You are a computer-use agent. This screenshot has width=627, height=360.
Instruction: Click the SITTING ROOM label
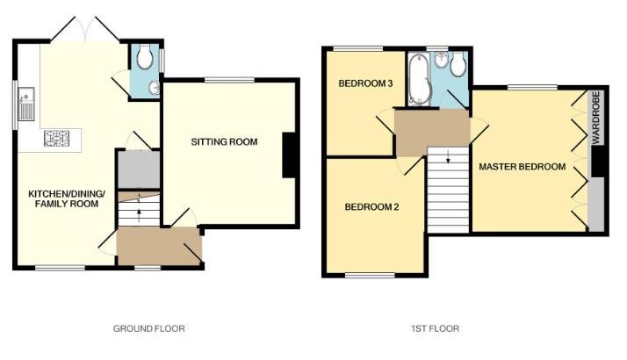224,142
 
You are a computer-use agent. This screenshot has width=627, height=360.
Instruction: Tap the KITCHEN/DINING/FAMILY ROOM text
67,198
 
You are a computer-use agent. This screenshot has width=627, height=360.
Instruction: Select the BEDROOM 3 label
365,83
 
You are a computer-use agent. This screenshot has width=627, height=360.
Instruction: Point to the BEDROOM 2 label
371,207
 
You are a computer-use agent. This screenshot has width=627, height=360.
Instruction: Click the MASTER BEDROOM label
522,167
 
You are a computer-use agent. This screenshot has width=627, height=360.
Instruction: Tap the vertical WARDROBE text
595,118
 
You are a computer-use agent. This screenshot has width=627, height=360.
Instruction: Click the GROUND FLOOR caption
148,328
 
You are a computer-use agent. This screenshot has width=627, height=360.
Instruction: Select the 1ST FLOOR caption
435,328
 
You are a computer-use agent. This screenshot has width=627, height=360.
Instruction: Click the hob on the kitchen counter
56,138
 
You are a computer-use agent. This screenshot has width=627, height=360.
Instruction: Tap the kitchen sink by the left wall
26,104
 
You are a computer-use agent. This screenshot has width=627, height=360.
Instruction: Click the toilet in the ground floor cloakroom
145,56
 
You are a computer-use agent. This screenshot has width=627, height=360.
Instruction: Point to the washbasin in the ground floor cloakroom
155,87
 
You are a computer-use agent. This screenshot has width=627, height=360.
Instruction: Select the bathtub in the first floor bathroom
417,80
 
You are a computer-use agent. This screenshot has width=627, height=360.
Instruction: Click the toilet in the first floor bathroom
458,64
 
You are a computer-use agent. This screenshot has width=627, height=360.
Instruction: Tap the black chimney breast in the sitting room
289,155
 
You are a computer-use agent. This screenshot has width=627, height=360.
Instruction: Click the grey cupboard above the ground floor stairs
139,169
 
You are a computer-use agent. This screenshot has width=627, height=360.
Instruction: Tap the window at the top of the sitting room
230,81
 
